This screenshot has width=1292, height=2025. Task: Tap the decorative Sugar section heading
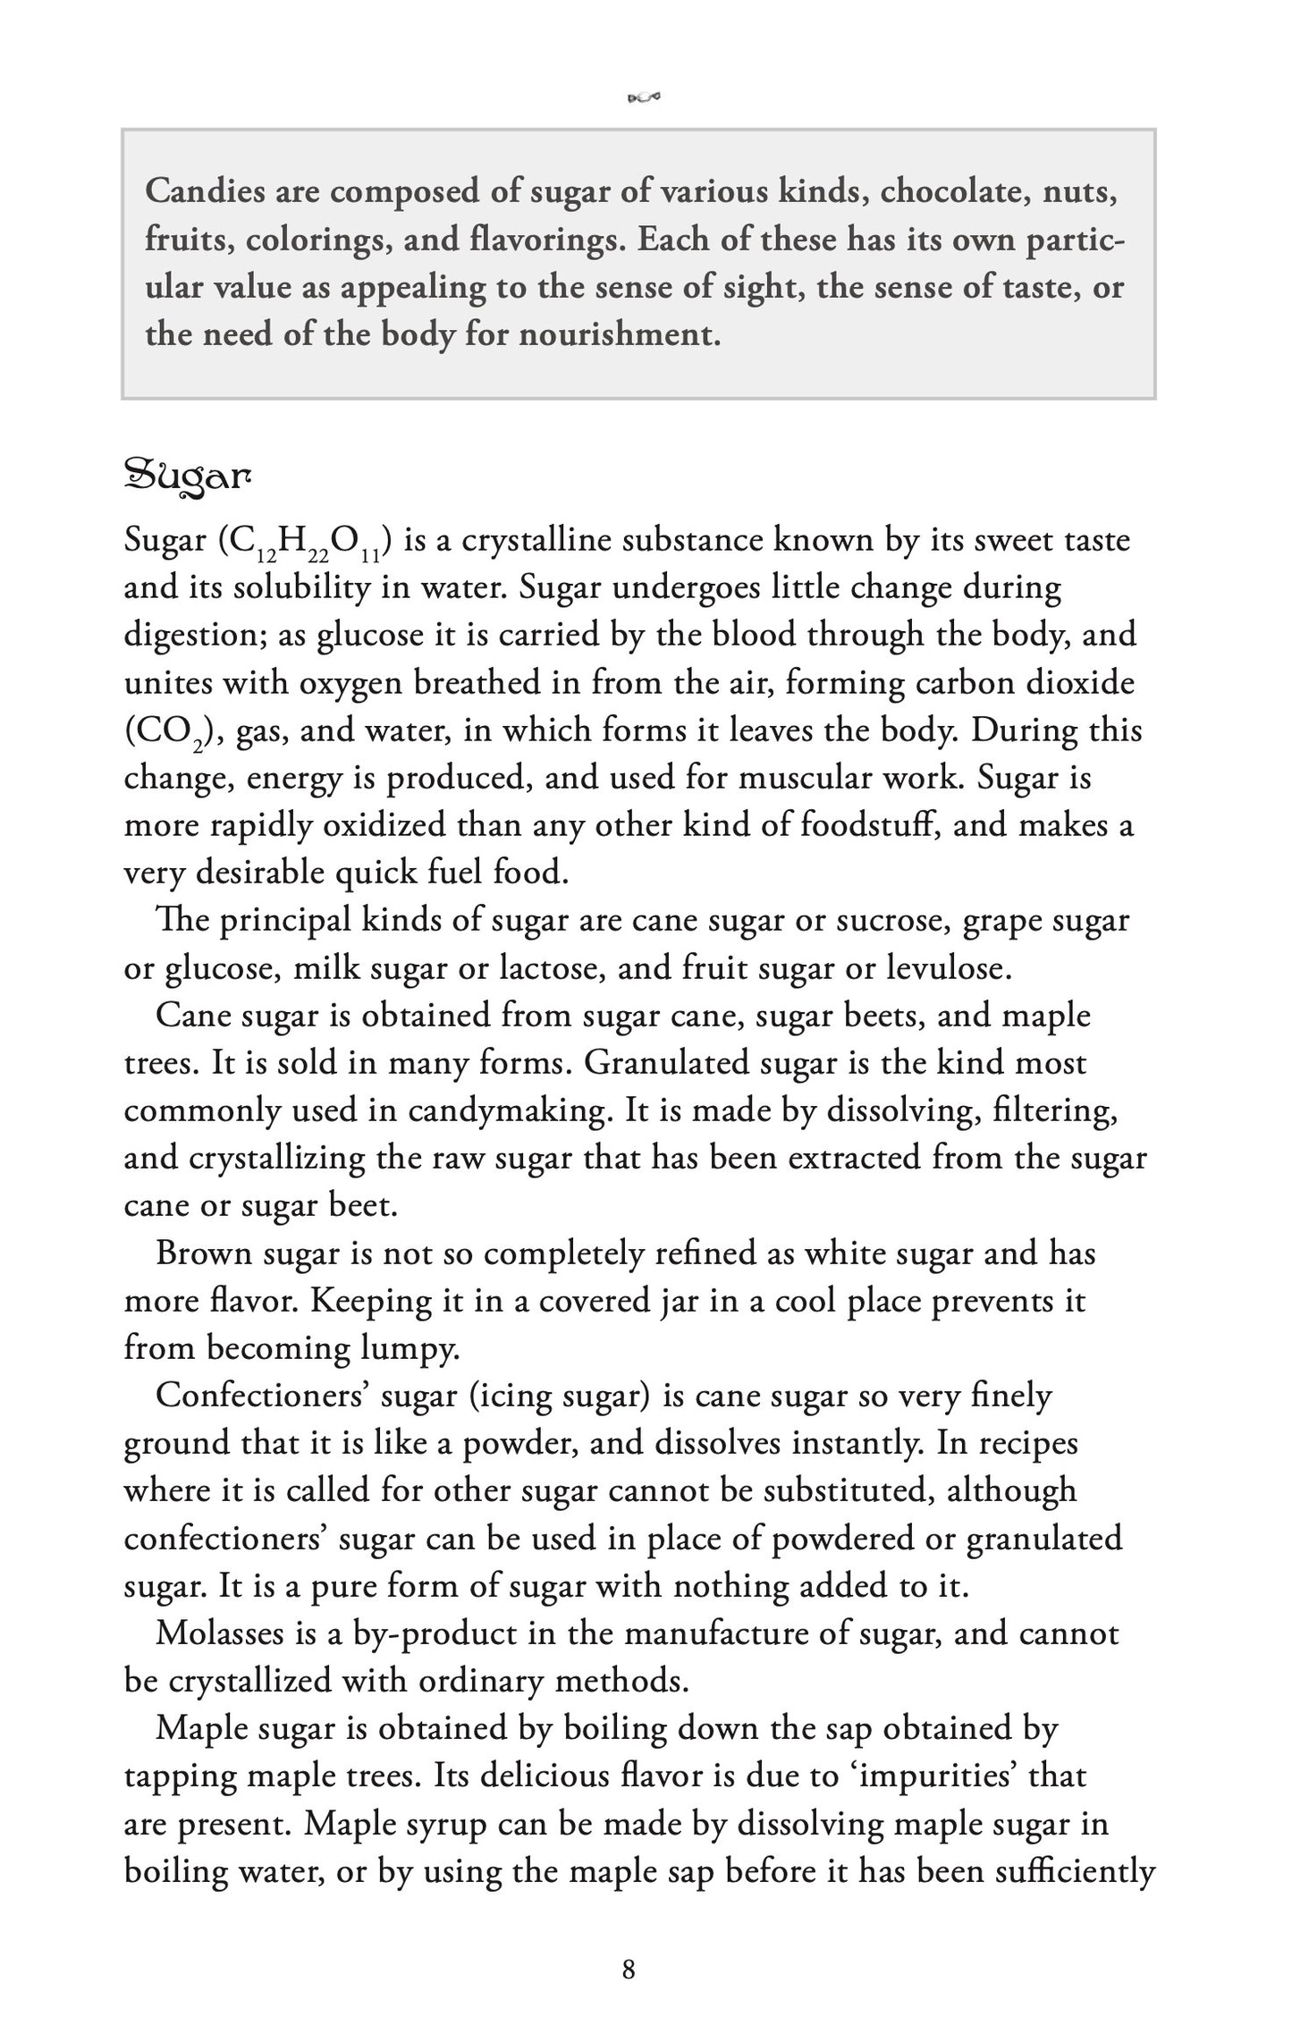point(187,477)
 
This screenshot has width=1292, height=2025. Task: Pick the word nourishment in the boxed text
point(620,334)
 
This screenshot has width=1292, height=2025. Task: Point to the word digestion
point(192,636)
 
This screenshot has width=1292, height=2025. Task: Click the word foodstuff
point(868,824)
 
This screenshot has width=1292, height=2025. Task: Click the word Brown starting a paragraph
point(203,1253)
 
